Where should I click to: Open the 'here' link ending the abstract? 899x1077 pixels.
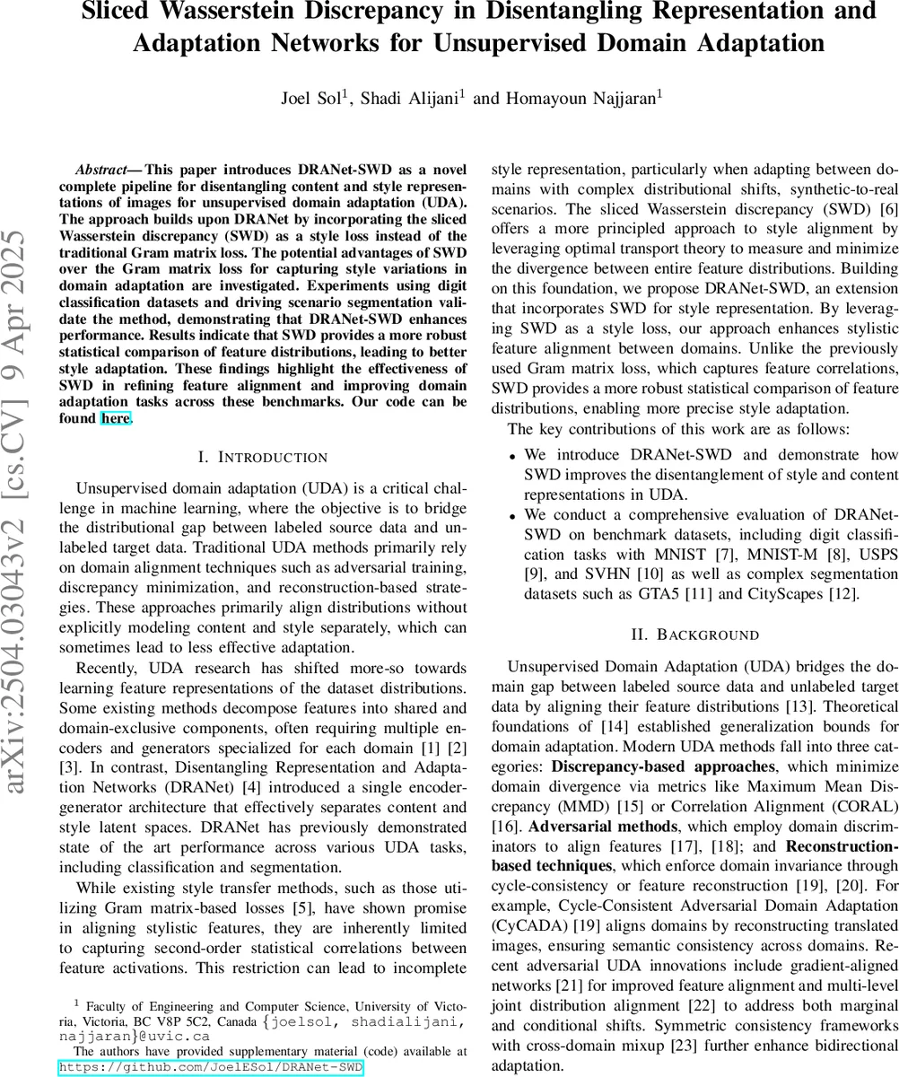pos(115,417)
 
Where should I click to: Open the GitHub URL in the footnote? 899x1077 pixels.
pos(211,1067)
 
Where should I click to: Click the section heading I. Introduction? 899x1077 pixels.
pos(262,458)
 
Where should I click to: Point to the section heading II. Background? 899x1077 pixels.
pos(694,635)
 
